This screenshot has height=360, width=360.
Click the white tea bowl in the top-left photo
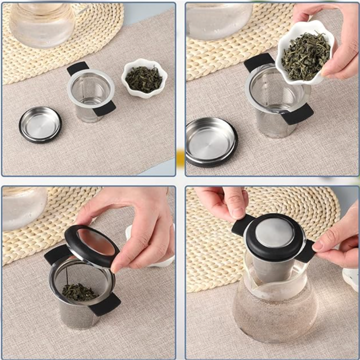(x=144, y=77)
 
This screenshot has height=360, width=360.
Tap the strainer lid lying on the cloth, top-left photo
(x=40, y=123)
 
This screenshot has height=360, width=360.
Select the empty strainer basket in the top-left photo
(x=90, y=92)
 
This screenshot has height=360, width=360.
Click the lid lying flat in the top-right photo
(x=211, y=141)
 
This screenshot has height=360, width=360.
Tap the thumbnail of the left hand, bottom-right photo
(x=236, y=212)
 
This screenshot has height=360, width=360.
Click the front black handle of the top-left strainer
(x=105, y=107)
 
